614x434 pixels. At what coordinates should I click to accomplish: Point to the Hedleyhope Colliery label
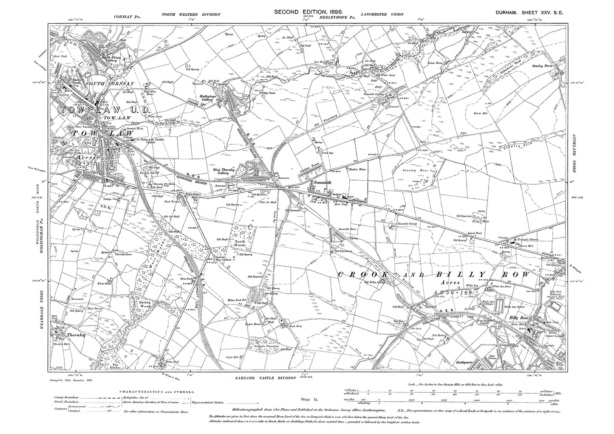point(209,97)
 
